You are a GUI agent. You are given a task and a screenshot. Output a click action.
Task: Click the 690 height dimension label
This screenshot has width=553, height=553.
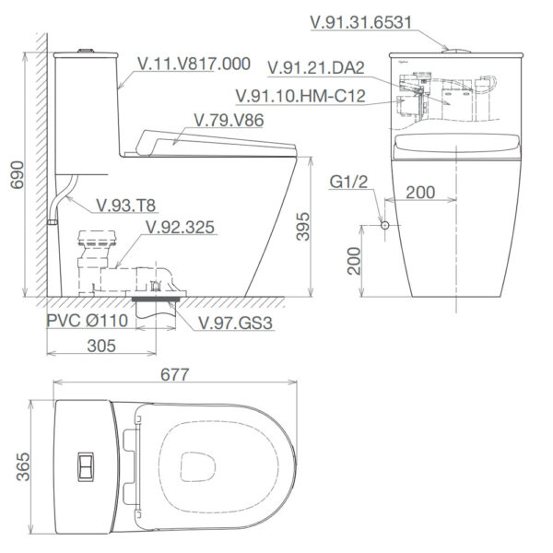(x=18, y=175)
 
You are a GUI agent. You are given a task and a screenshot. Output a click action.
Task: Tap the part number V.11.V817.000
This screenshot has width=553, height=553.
(x=194, y=64)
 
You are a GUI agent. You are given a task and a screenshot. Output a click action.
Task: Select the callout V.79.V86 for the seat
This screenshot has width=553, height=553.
(x=229, y=120)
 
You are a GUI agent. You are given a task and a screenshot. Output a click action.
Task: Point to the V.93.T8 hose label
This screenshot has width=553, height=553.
(x=126, y=206)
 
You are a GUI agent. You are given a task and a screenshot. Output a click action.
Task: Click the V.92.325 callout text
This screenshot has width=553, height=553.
(x=181, y=228)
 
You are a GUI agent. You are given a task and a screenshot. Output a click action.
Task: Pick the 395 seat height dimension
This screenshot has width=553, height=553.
(x=303, y=227)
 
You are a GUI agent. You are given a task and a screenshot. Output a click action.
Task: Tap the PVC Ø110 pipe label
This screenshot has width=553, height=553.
(x=88, y=321)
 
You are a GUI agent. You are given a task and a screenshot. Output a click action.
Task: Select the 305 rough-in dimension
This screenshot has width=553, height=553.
(x=101, y=346)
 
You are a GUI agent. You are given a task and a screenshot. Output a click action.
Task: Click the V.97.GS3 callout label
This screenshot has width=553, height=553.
(x=235, y=324)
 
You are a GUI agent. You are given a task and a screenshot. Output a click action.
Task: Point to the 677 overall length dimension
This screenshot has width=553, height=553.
(x=174, y=374)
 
